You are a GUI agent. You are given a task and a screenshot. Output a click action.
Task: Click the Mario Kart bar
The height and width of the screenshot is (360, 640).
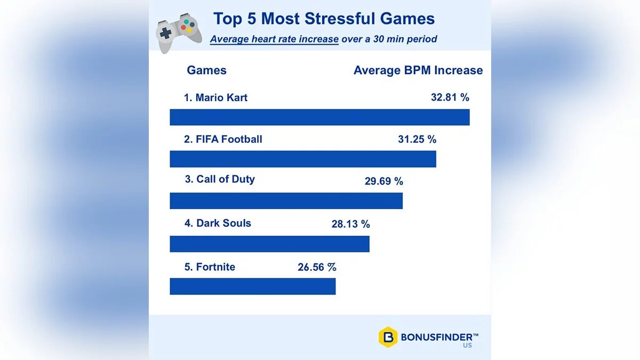[319, 117]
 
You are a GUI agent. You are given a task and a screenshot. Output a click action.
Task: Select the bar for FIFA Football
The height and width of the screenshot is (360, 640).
[303, 159]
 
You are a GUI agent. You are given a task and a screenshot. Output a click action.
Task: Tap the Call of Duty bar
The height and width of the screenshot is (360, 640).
[286, 201]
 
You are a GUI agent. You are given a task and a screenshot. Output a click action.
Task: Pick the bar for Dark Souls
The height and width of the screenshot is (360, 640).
[269, 244]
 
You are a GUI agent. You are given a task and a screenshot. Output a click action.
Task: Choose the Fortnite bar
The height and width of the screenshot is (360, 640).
[252, 286]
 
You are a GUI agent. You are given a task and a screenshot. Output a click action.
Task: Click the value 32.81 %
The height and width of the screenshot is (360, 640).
[450, 98]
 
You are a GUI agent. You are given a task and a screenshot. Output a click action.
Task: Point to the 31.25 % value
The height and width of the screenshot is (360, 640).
[417, 139]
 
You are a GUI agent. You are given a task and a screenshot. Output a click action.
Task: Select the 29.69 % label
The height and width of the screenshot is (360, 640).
[383, 181]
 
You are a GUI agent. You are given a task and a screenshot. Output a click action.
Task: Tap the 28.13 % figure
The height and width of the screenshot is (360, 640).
[350, 225]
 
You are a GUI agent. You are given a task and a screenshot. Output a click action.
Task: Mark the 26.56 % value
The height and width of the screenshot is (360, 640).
[317, 267]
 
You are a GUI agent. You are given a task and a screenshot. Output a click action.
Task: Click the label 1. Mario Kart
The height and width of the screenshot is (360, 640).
[215, 98]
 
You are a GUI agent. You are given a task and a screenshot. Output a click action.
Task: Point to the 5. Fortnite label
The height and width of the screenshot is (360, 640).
[210, 267]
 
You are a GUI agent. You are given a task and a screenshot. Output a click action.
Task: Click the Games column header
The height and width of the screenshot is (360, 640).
[206, 70]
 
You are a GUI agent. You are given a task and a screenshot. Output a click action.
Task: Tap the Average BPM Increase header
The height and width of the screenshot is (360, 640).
[418, 70]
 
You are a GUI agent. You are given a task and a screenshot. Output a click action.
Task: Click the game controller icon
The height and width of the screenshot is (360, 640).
[178, 34]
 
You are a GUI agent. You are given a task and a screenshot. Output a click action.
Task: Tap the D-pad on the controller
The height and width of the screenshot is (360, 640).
[166, 33]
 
